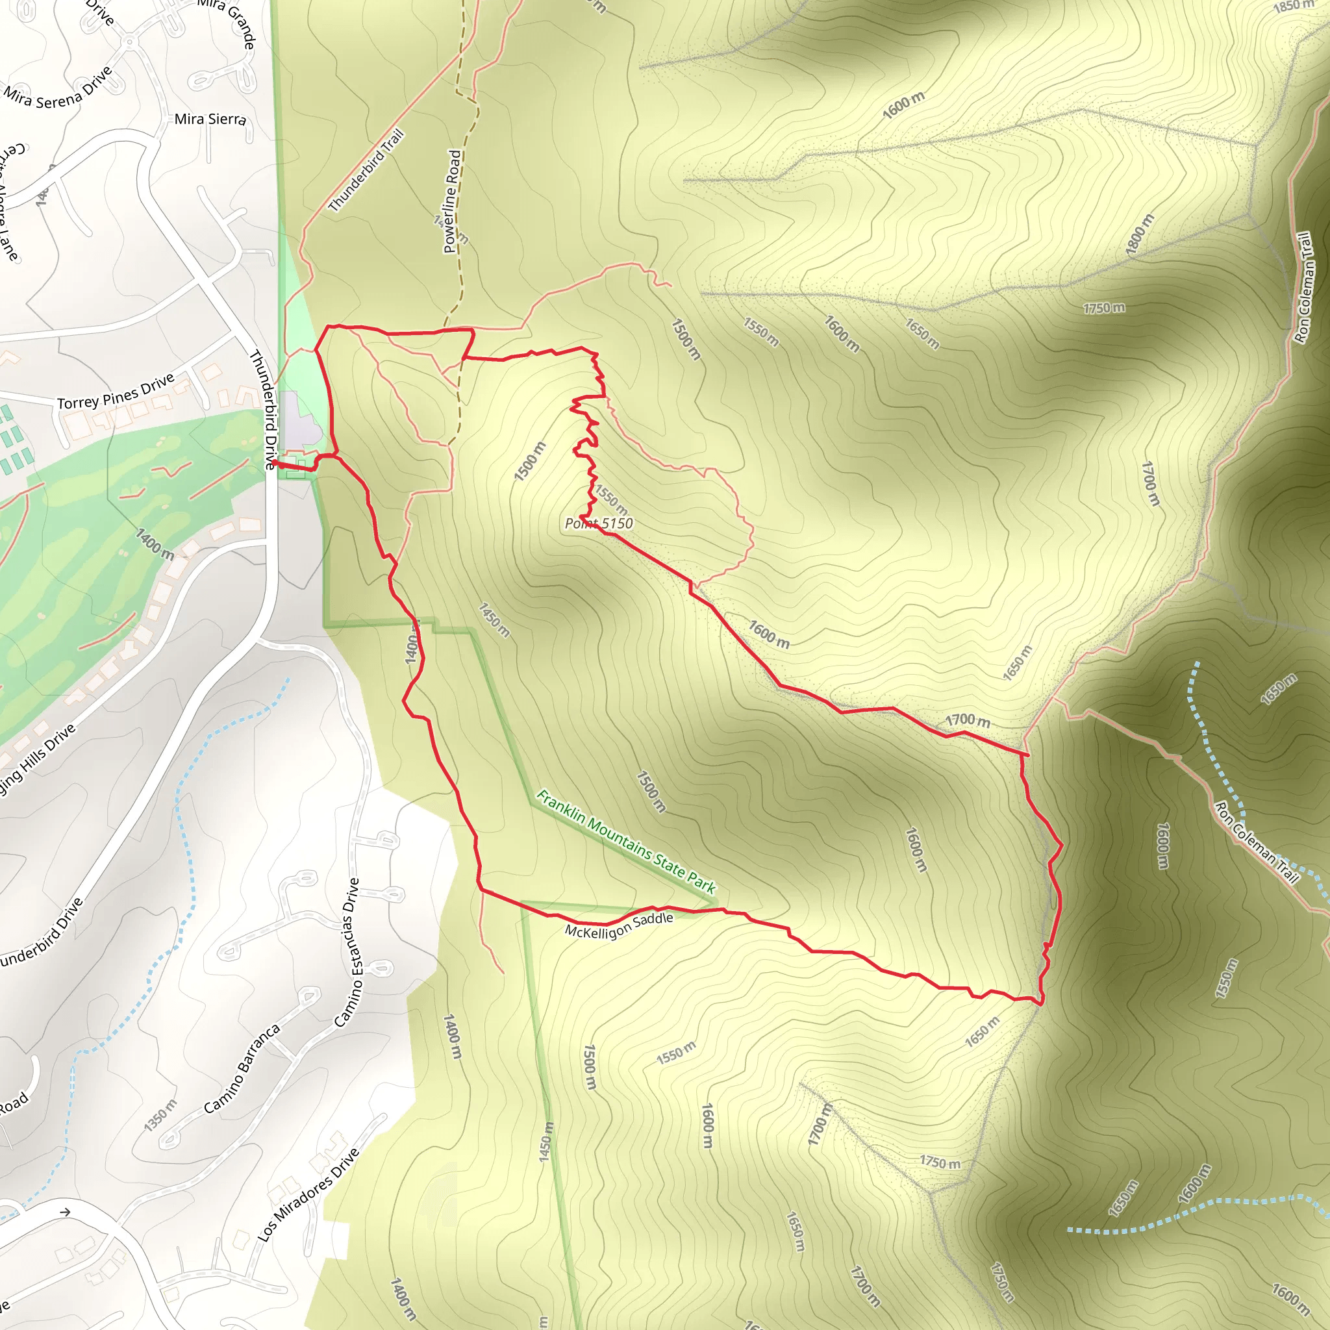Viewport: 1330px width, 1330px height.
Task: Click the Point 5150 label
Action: (x=598, y=523)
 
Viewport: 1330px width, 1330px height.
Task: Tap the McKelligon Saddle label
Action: (x=618, y=926)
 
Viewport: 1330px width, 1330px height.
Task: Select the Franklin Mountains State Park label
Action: (x=626, y=841)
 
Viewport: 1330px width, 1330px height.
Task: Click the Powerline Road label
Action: (x=451, y=201)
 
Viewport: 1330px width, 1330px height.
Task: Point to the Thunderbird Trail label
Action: (x=366, y=171)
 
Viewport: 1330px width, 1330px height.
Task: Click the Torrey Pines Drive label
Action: (x=116, y=392)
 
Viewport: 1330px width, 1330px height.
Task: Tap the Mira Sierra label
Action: (x=210, y=119)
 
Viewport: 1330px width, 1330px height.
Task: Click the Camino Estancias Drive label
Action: (x=347, y=953)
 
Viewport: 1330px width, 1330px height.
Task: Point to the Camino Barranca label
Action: (x=242, y=1069)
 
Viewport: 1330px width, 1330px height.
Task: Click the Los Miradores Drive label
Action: (x=308, y=1195)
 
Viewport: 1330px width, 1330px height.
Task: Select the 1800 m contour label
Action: (x=1139, y=234)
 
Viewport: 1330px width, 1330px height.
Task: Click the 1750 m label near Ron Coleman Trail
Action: (x=1103, y=308)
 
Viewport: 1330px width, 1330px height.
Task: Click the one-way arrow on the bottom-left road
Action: (x=66, y=1212)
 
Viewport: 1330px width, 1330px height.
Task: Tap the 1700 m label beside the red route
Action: (x=967, y=720)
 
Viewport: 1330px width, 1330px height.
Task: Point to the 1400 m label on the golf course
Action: (x=154, y=544)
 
